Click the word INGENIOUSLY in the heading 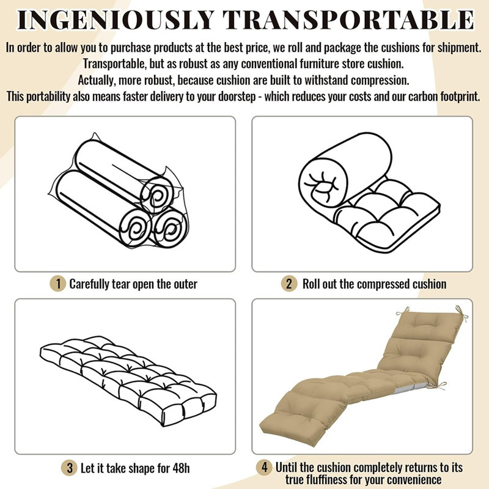tap(116, 20)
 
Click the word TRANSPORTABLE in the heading tap(349, 20)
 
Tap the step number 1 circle tap(57, 284)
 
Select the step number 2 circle tap(289, 284)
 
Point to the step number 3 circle tap(69, 468)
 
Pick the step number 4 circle tap(265, 468)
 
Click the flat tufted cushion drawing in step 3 tap(128, 381)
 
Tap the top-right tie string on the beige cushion tap(461, 314)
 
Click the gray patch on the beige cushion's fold tap(412, 388)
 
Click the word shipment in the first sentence tap(459, 48)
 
